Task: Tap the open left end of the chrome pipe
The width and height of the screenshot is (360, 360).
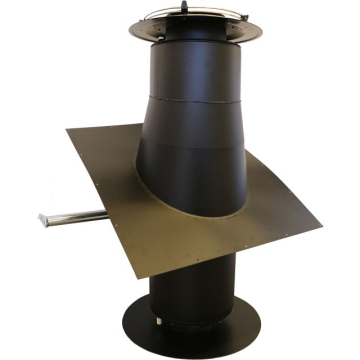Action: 41,220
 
